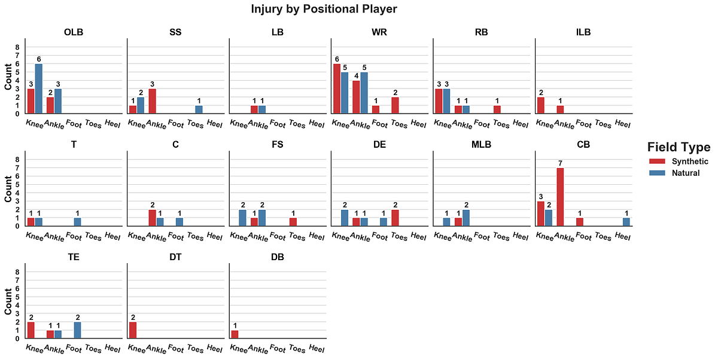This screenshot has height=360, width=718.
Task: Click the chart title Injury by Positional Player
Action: click(324, 10)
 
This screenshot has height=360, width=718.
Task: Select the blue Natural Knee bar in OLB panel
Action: click(38, 89)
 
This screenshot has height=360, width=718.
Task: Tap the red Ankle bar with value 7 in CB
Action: click(561, 197)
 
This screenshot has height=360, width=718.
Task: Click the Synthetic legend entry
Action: click(679, 161)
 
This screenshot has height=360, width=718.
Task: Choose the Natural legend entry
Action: click(675, 173)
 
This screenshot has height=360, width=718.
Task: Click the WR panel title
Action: click(379, 32)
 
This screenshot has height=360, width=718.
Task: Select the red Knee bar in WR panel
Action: click(336, 89)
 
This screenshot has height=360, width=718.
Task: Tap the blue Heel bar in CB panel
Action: click(626, 222)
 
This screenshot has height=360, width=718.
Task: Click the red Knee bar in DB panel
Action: click(235, 334)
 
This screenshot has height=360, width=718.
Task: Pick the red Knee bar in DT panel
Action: click(133, 330)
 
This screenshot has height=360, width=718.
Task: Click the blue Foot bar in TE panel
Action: click(77, 330)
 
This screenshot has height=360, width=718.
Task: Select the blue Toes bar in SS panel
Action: click(199, 109)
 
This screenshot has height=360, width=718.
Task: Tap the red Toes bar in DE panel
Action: click(395, 218)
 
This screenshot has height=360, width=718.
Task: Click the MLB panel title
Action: click(481, 145)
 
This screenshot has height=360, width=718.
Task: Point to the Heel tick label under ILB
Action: click(622, 124)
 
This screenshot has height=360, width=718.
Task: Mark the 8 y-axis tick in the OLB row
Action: click(17, 47)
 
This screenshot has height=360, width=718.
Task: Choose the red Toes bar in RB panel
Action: click(497, 109)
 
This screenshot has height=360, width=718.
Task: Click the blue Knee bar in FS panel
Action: click(242, 218)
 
